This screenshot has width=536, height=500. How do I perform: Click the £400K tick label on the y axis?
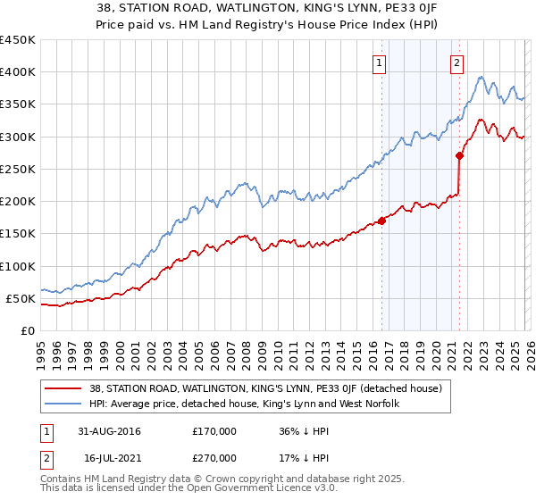17,72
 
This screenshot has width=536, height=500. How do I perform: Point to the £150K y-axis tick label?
17,234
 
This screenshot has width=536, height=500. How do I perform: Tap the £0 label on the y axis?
26,331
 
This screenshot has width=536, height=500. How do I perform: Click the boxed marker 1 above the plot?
381,62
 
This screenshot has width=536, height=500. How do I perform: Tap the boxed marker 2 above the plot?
456,62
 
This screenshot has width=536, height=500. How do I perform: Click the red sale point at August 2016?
381,221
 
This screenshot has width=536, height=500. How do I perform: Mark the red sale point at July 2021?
459,155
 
